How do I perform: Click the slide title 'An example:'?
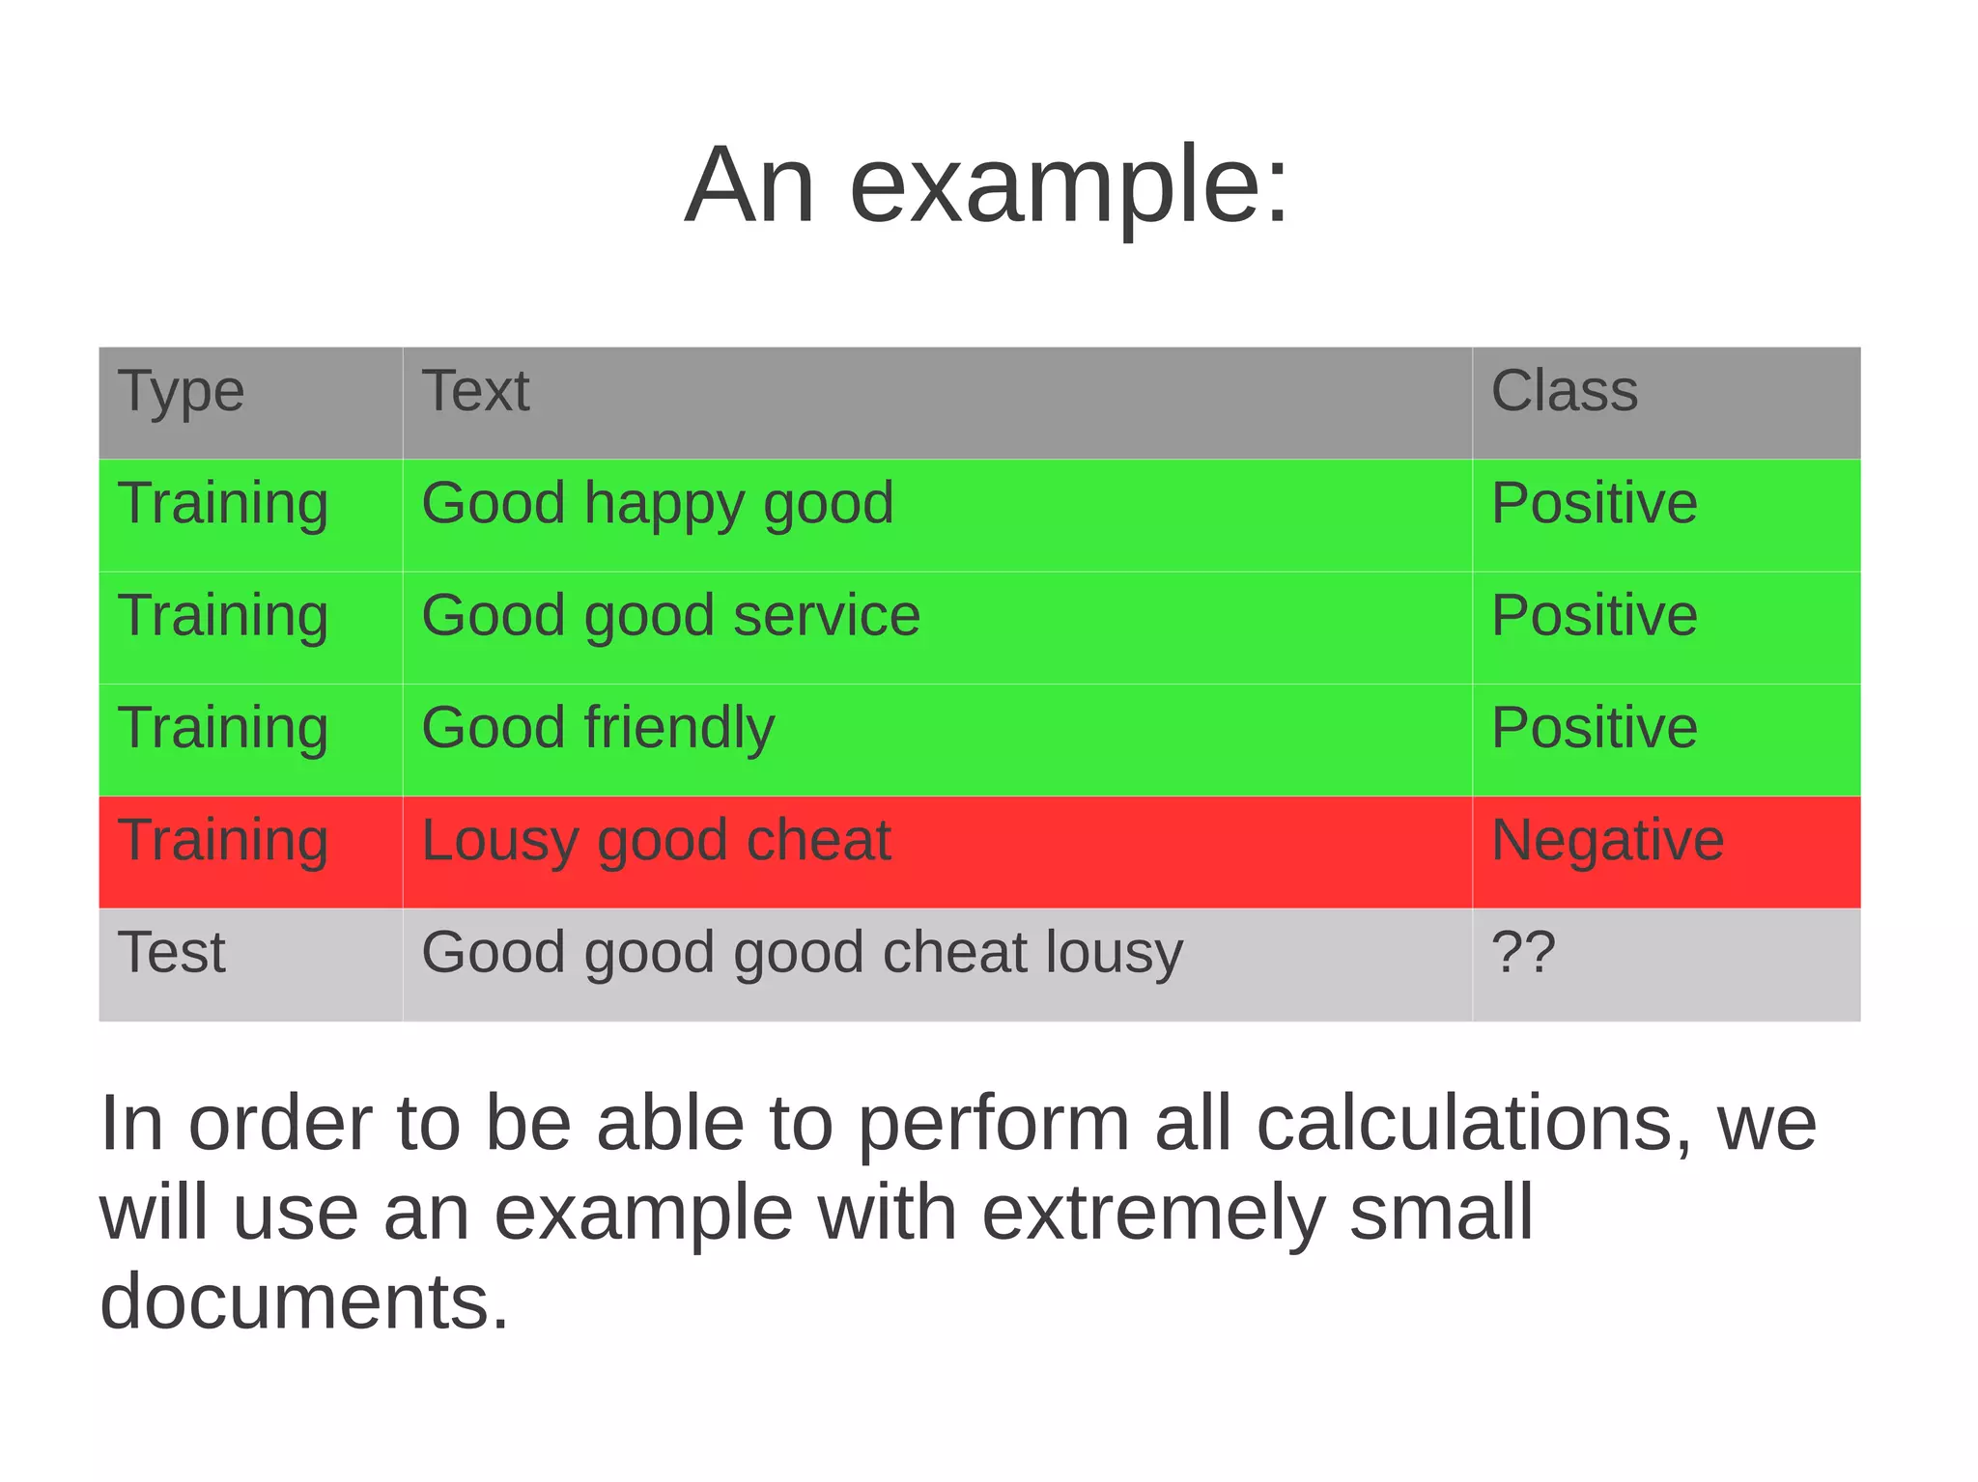986,184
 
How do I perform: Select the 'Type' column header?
181,392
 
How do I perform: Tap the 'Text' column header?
475,391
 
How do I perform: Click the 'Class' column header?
1564,391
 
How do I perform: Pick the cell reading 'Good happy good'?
657,504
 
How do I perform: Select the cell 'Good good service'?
670,616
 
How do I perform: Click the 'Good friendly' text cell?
598,728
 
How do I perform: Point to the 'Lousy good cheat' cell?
656,840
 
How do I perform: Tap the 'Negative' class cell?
1607,840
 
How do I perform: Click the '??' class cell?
1523,952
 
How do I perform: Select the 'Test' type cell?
171,952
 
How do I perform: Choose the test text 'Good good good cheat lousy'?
802,952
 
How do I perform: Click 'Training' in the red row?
223,840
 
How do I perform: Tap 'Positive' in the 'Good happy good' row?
1594,504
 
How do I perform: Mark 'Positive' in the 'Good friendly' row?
1594,728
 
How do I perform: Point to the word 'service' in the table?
827,616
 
